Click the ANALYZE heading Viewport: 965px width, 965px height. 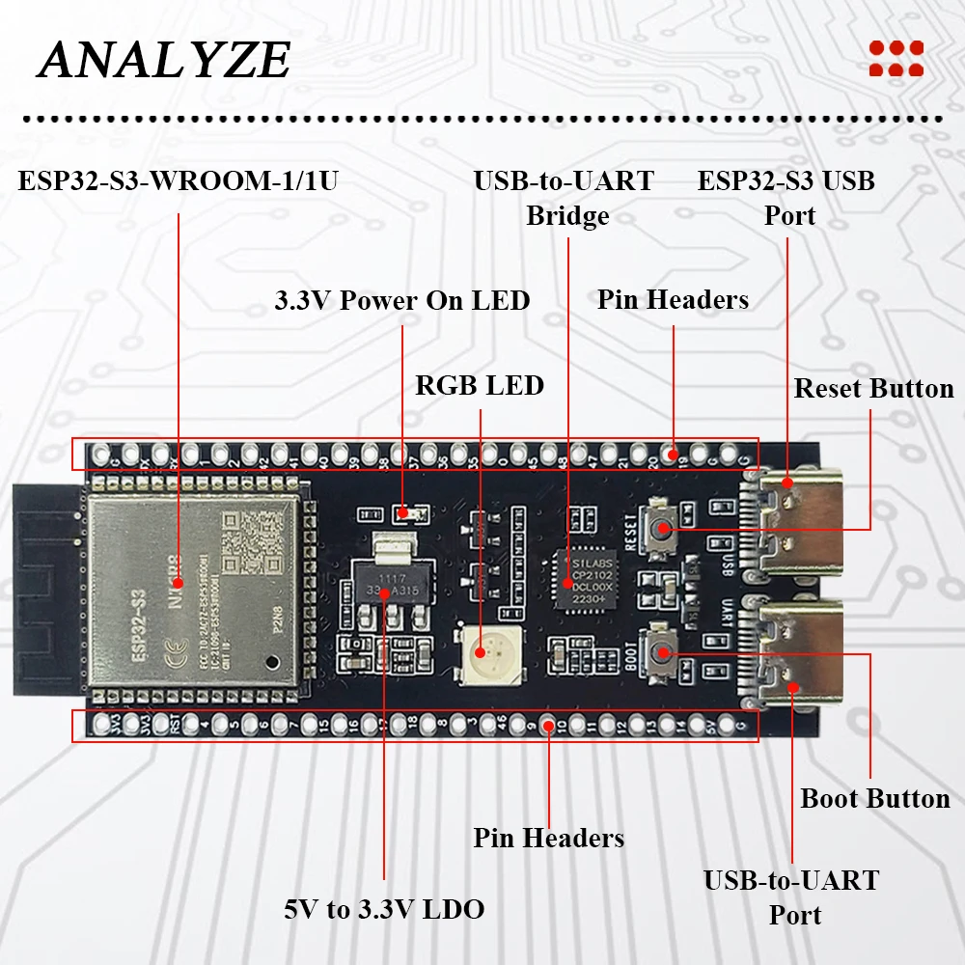point(164,60)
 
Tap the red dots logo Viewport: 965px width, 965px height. point(896,58)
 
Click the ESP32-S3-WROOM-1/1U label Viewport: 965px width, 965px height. point(178,180)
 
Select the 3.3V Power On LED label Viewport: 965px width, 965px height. point(401,300)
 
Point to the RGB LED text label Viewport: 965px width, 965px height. point(480,386)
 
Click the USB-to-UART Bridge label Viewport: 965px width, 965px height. point(565,198)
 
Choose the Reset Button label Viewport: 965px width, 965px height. point(873,389)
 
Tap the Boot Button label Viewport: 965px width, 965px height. point(875,799)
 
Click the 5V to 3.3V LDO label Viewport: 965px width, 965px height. point(384,909)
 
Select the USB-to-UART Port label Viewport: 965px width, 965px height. point(791,897)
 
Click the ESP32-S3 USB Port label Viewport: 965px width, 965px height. point(786,198)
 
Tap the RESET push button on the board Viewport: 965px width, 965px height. point(663,528)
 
